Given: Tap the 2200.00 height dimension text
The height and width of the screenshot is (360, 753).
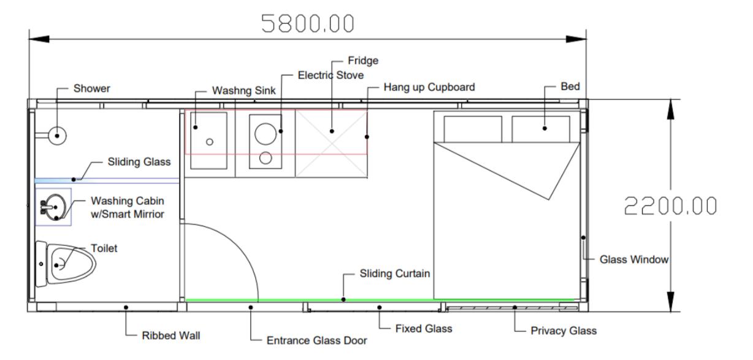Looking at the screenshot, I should (670, 206).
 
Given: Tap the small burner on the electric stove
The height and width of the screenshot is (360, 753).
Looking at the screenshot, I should (266, 158).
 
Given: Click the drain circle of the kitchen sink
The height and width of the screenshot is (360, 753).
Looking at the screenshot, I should (210, 142).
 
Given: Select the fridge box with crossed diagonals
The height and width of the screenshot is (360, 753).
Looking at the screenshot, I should (332, 144).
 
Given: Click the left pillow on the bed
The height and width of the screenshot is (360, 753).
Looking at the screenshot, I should (472, 129).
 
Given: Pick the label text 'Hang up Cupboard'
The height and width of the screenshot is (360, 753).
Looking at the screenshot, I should (429, 87).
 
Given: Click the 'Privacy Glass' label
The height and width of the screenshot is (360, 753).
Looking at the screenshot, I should (564, 331).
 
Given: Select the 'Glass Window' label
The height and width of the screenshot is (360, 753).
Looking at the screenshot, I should (633, 259).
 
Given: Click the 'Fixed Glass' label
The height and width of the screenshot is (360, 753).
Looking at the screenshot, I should (423, 329).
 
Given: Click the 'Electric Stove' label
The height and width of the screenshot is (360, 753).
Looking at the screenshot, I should (331, 75).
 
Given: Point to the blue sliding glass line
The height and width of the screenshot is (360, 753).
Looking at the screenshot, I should (107, 180).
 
